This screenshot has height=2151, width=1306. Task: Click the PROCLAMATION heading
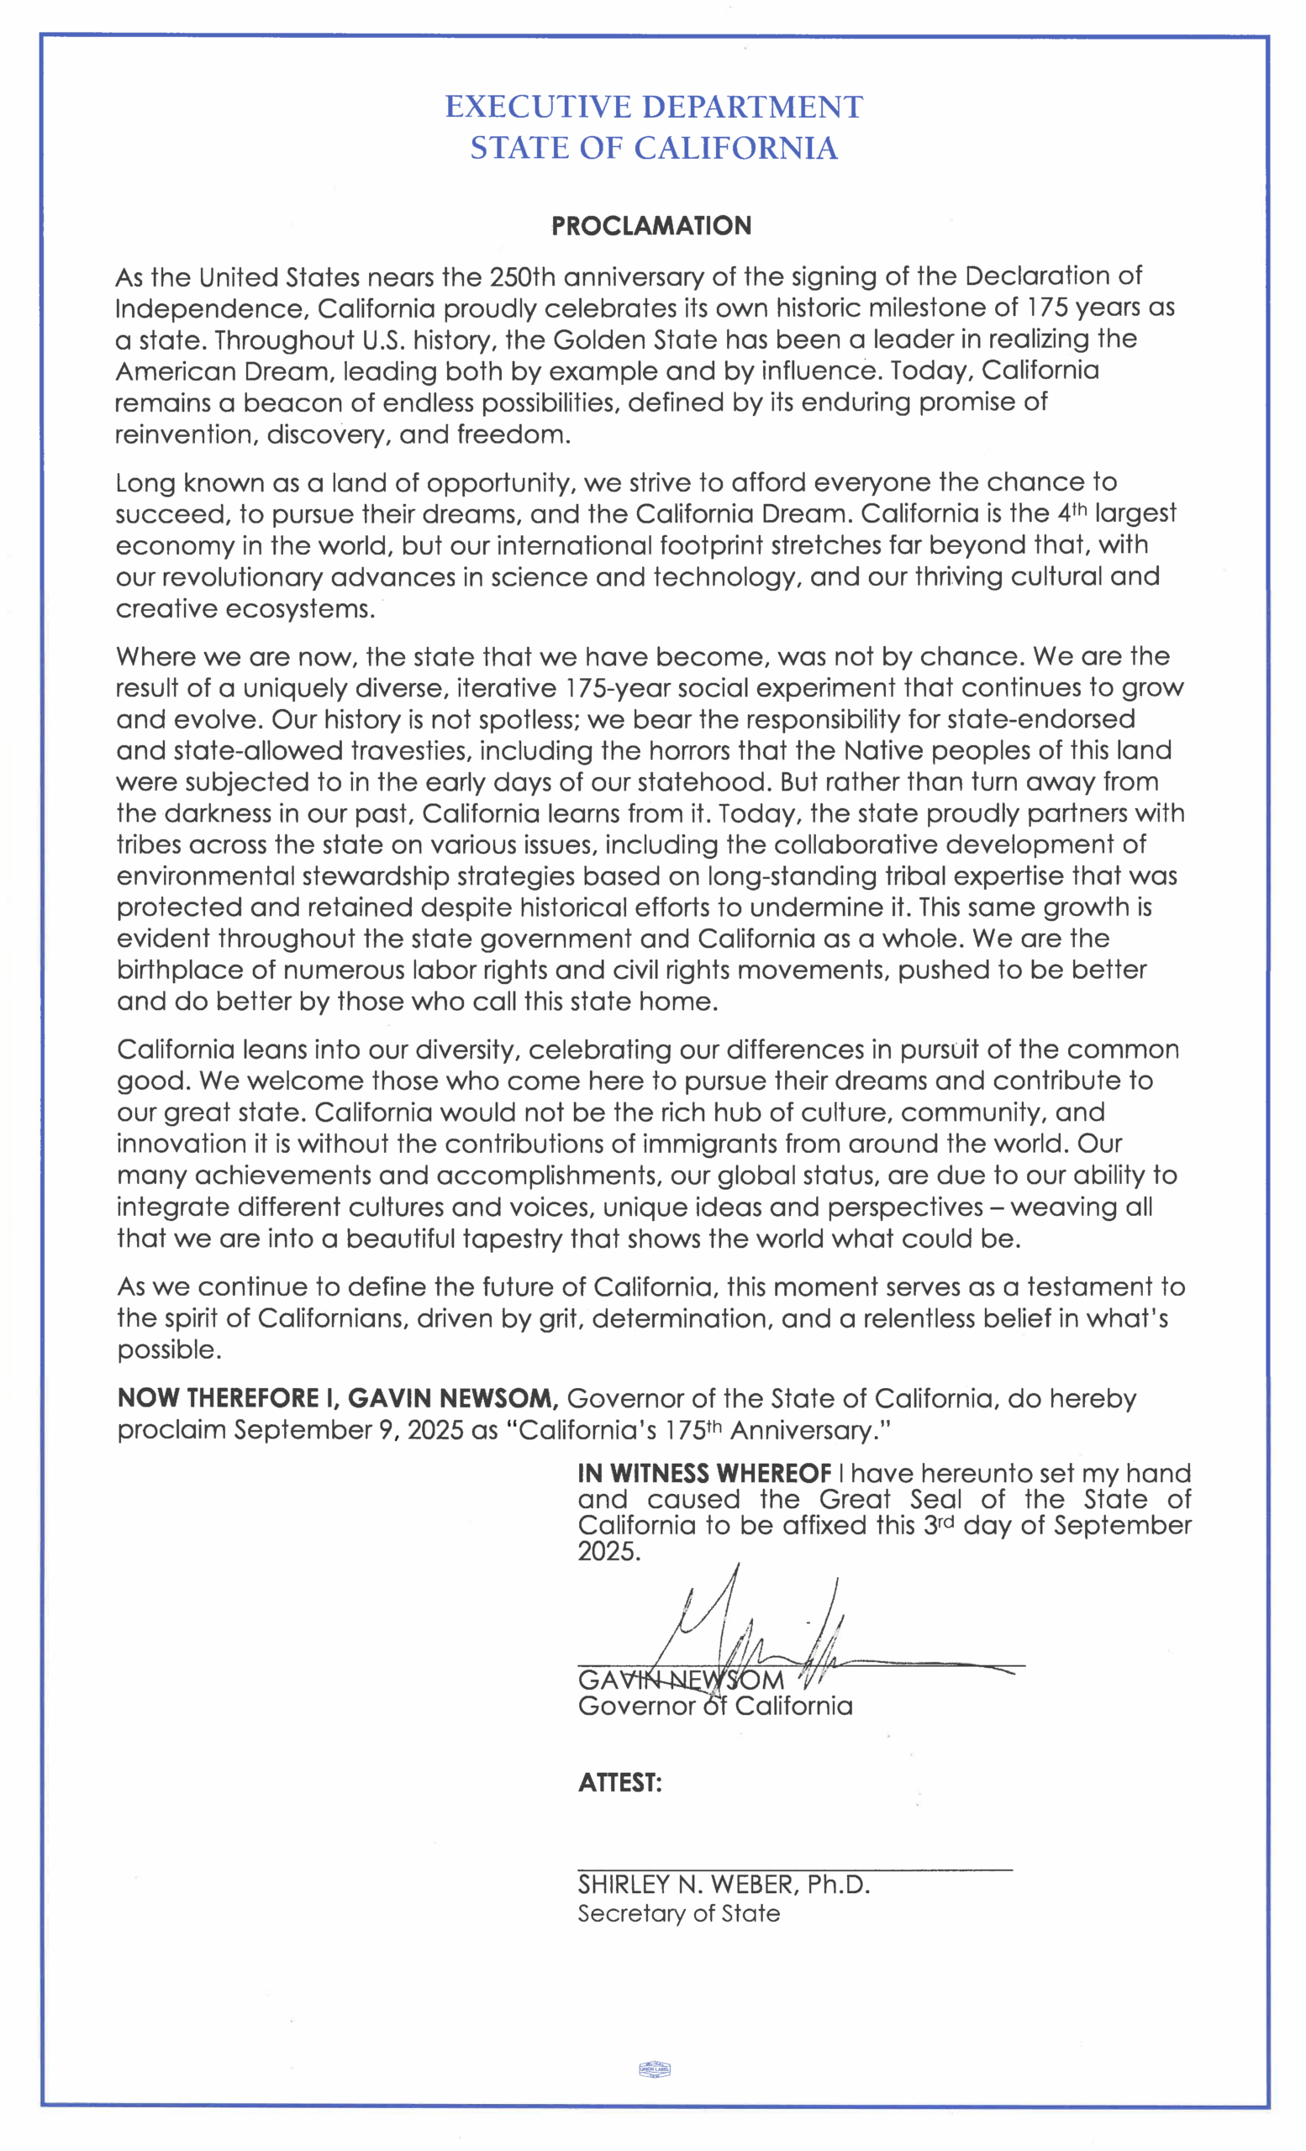(651, 226)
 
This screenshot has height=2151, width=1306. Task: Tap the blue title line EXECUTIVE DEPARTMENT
(654, 108)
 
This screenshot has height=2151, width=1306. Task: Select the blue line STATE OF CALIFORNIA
(654, 149)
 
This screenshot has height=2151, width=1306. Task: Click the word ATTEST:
(620, 1783)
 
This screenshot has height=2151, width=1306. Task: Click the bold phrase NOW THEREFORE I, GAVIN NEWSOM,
(338, 1398)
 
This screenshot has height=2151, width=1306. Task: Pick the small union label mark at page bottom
(655, 2069)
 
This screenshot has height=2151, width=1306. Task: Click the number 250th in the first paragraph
(522, 276)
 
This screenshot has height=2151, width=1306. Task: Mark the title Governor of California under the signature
(715, 1707)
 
